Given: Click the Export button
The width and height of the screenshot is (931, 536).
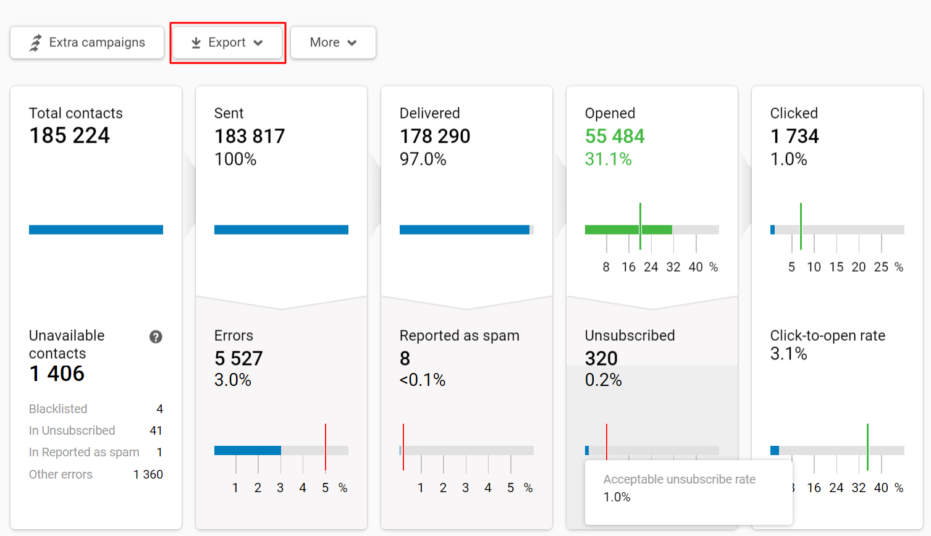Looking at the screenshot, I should [227, 43].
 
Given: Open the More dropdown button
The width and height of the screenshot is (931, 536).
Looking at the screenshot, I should [333, 43].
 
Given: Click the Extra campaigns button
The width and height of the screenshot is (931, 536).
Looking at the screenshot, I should [87, 43].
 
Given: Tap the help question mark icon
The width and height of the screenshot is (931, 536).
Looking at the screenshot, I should [156, 337].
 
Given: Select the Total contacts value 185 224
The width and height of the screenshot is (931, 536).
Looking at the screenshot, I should [69, 135].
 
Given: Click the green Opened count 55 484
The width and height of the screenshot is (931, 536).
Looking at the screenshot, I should [615, 136].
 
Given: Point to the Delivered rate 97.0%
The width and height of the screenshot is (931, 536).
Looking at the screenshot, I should [423, 159].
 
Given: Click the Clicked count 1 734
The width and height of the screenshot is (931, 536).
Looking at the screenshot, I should [794, 136].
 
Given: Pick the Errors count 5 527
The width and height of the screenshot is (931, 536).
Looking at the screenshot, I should [238, 358].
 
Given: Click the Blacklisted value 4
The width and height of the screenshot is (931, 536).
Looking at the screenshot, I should [159, 409].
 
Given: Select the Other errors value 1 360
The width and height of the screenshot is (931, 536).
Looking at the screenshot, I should [148, 474].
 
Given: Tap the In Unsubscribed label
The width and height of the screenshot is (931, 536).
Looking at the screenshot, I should [72, 430].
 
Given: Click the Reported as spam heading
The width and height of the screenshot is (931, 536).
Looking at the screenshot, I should [459, 335].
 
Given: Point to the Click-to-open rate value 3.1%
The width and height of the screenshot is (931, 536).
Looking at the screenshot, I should [788, 354].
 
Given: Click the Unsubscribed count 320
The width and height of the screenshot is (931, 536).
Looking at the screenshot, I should [601, 358].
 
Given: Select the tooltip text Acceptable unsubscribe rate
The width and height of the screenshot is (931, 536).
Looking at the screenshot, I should [679, 479].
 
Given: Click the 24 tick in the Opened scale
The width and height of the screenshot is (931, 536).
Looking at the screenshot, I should [651, 267].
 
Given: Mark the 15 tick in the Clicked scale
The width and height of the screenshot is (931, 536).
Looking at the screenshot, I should [836, 267].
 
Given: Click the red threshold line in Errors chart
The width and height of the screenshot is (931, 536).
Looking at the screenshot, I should [326, 448].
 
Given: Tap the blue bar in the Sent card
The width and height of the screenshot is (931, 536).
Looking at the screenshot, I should [281, 230].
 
